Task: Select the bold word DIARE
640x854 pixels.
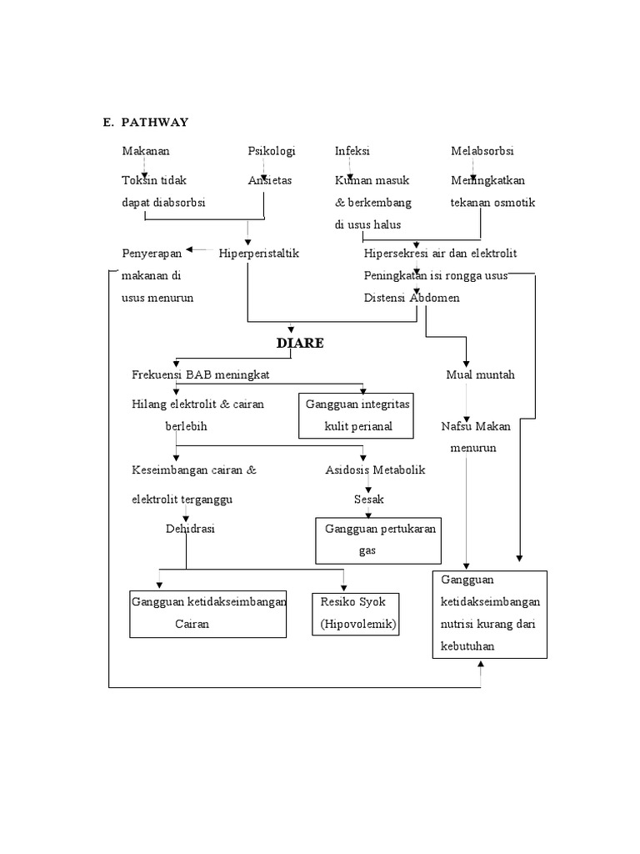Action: (x=300, y=344)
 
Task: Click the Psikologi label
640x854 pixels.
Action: (x=272, y=151)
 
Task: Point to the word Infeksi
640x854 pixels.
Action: (x=352, y=151)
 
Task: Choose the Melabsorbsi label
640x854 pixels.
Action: (x=482, y=151)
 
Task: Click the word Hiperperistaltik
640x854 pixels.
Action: (x=259, y=253)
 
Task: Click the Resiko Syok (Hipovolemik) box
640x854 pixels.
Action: (x=354, y=613)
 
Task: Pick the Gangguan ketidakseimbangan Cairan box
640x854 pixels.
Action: (x=209, y=613)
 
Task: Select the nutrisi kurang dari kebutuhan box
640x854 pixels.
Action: (x=490, y=614)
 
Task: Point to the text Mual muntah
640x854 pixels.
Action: (x=480, y=374)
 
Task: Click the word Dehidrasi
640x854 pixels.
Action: (x=190, y=528)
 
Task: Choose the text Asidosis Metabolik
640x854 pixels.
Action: (x=375, y=470)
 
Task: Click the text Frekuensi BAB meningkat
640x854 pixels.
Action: (x=199, y=374)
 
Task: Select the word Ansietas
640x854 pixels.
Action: (x=270, y=180)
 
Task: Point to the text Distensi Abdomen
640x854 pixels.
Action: (x=411, y=298)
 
